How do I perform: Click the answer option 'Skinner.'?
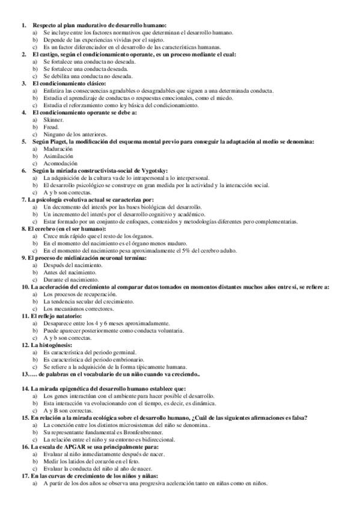[x=53, y=120]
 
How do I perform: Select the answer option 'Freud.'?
[x=52, y=127]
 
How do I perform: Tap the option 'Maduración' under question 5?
[x=58, y=149]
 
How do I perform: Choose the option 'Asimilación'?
[x=58, y=156]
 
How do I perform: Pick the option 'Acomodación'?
[x=59, y=163]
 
